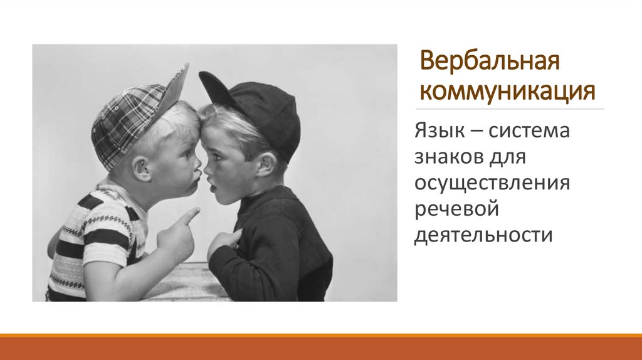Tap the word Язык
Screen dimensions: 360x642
434,133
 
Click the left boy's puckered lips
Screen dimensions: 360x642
197,173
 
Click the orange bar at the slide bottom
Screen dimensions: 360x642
321,347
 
